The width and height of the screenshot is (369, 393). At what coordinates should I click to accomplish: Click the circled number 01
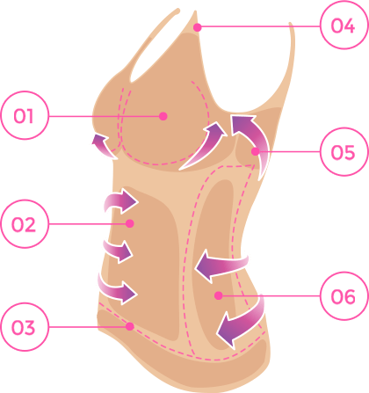(25, 115)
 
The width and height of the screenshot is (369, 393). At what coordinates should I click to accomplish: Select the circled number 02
(25, 224)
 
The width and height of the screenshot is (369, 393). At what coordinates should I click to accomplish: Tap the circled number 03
(25, 327)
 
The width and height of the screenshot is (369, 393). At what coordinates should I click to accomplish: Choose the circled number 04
(344, 25)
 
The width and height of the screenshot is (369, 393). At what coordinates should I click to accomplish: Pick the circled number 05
(344, 152)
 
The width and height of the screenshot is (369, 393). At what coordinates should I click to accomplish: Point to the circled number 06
(344, 296)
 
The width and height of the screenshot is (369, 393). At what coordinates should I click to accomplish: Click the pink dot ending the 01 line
(163, 116)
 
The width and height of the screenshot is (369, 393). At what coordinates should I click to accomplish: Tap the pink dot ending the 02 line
(130, 223)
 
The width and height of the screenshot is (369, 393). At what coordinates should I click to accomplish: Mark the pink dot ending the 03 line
(130, 326)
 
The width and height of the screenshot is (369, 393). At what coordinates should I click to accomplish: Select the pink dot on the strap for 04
(198, 27)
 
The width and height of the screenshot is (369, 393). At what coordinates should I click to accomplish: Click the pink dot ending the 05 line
(255, 151)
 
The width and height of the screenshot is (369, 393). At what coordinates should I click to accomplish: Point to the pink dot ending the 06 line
(218, 295)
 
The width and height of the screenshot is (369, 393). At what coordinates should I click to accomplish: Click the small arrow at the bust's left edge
(103, 147)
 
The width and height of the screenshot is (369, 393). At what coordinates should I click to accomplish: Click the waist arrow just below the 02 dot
(117, 250)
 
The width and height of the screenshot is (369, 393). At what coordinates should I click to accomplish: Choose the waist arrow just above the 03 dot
(116, 291)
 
